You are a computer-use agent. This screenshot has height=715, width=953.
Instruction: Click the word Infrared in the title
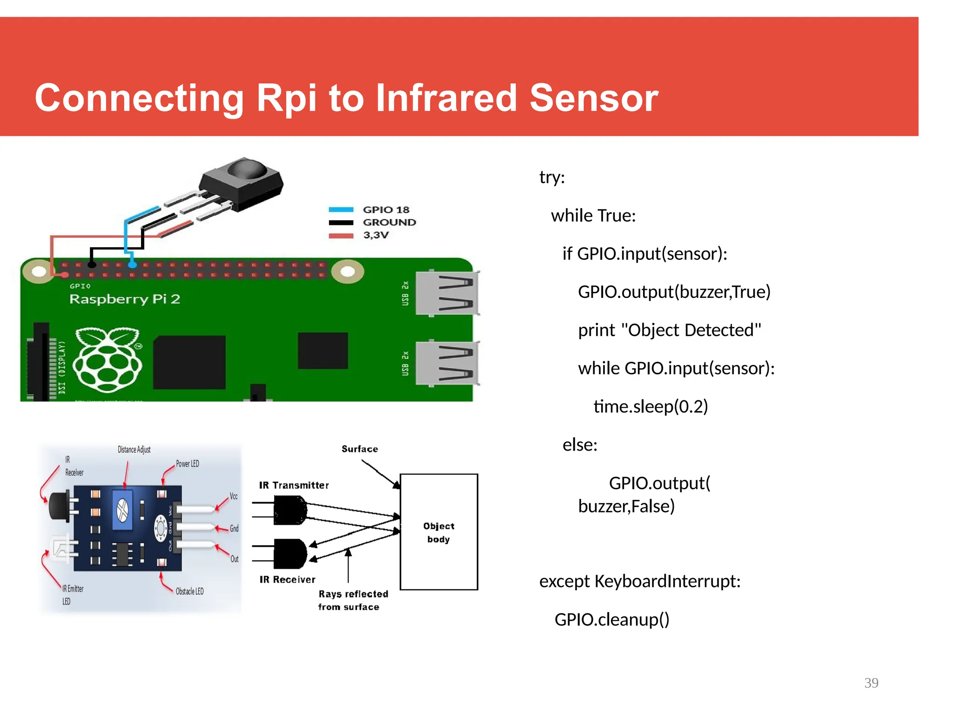coord(446,98)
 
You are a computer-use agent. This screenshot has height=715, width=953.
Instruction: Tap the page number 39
coord(871,683)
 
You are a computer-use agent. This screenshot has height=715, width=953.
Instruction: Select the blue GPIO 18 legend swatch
coord(341,209)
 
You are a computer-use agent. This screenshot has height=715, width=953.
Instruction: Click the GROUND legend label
coord(389,223)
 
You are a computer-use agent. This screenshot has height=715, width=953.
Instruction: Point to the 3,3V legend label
coord(376,235)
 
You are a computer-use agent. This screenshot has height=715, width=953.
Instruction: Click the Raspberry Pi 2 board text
coord(125,299)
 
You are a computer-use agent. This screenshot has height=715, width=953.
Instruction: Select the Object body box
coord(439,532)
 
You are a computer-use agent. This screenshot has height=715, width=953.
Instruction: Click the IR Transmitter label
coord(294,486)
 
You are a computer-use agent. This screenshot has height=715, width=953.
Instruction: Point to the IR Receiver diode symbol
coord(289,554)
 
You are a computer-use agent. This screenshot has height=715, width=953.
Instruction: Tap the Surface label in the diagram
coord(360,449)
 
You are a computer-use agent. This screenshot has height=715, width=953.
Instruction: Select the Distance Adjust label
coord(134,450)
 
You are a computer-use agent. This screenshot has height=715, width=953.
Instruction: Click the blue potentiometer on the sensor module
coord(123,510)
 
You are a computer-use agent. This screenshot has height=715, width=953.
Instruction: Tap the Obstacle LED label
coord(189,591)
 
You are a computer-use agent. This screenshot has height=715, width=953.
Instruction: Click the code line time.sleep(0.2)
coord(651,406)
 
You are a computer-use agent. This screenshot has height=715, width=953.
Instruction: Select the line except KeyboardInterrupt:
coord(639,581)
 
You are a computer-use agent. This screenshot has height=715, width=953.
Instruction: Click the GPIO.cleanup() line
coord(611,620)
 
